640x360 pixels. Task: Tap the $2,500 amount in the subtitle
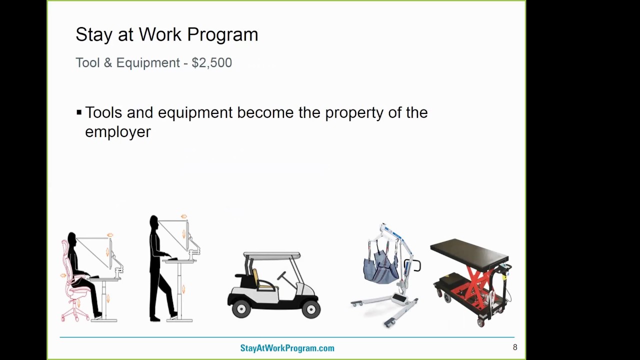pyautogui.click(x=211, y=63)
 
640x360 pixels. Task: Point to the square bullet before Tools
pyautogui.click(x=79, y=112)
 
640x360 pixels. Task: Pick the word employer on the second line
pyautogui.click(x=117, y=132)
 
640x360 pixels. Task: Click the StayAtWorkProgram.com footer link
pyautogui.click(x=287, y=348)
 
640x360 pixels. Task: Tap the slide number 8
pyautogui.click(x=515, y=347)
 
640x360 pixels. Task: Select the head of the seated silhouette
pyautogui.click(x=72, y=238)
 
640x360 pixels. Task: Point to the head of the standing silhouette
pyautogui.click(x=153, y=221)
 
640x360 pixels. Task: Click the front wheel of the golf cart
pyautogui.click(x=310, y=309)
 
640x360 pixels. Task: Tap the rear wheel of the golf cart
pyautogui.click(x=241, y=309)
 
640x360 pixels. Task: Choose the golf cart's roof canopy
pyautogui.click(x=272, y=255)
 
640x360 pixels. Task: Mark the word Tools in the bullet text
pyautogui.click(x=103, y=113)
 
